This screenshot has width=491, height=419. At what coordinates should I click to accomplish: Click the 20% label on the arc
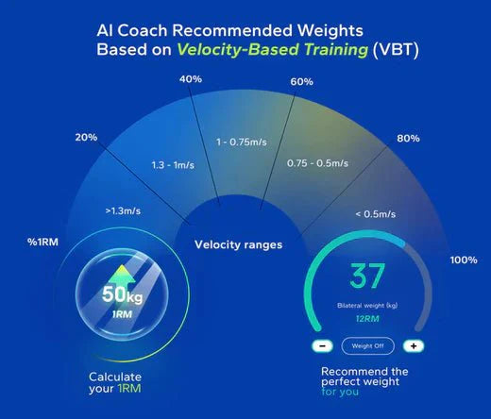[x=86, y=138]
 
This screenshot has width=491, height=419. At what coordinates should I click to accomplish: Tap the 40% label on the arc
[x=190, y=79]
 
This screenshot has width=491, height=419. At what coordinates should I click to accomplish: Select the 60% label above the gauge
[x=301, y=82]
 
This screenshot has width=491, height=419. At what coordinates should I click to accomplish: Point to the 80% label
[x=408, y=139]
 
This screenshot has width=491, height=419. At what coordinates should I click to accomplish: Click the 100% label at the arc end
[x=464, y=260]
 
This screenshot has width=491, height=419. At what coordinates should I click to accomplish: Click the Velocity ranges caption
[x=238, y=245]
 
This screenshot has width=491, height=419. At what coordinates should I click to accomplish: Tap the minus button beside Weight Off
[x=322, y=346]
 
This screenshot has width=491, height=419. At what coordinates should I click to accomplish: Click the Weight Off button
[x=366, y=346]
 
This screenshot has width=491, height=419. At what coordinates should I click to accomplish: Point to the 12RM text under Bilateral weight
[x=367, y=319]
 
